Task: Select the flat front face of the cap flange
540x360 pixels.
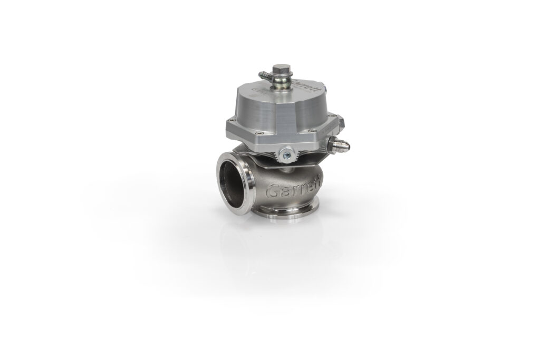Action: pyautogui.click(x=274, y=139)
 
